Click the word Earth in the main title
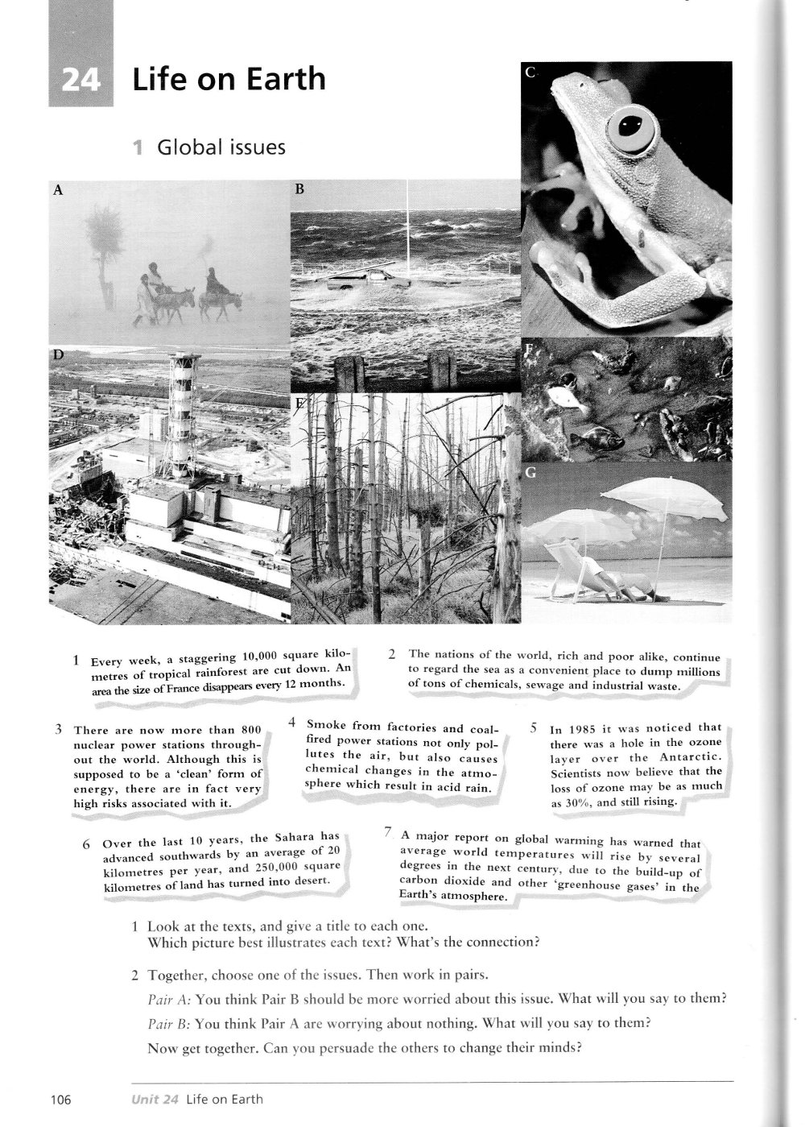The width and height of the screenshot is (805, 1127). [289, 79]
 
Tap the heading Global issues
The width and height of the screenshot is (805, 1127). [221, 147]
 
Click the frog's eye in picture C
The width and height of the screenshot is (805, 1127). [628, 126]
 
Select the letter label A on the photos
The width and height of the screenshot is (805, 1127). [57, 191]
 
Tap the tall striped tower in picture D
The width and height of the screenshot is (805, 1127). [184, 419]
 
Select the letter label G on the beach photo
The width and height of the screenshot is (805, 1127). [530, 474]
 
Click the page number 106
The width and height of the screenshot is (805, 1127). [60, 1099]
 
